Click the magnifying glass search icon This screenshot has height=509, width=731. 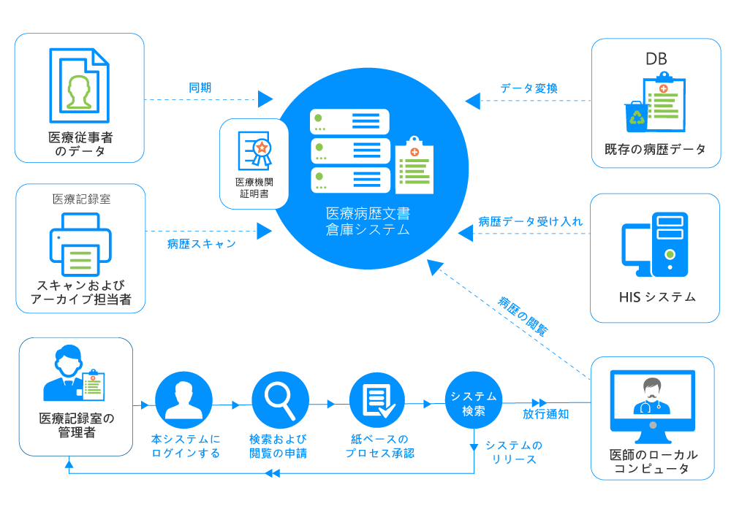(280, 399)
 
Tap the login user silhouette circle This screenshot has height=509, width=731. (183, 399)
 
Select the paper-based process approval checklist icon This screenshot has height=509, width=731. (376, 399)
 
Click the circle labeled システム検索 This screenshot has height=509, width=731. (473, 403)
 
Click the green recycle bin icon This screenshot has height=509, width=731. (635, 117)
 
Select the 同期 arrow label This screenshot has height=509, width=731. (200, 88)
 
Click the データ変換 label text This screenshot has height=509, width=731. (529, 88)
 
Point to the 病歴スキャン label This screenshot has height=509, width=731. (201, 244)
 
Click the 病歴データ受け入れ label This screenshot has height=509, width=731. (531, 221)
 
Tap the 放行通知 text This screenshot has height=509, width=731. (545, 414)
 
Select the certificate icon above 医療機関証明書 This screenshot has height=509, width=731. (255, 150)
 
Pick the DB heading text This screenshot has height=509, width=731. (655, 59)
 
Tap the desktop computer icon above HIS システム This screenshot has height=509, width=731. (655, 244)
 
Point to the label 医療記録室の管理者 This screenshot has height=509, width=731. (76, 425)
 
